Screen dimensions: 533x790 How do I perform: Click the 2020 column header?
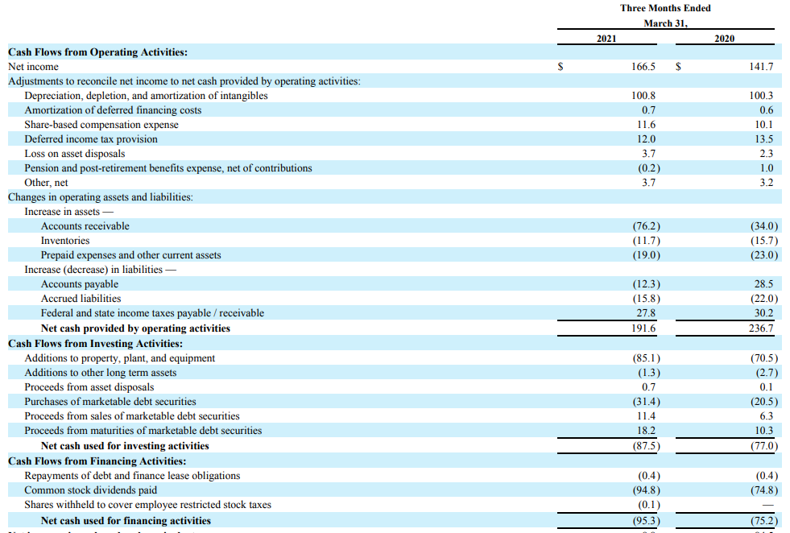tap(724, 38)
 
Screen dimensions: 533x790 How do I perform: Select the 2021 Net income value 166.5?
tap(643, 67)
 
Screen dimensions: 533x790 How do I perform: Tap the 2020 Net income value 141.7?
tap(761, 67)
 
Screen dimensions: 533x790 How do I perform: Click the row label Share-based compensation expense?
tap(101, 125)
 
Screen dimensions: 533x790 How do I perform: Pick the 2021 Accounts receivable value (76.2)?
tap(647, 226)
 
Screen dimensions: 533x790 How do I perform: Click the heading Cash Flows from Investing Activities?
tap(95, 343)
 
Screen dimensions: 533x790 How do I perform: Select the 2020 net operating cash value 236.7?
tap(761, 328)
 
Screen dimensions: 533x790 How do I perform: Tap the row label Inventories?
tap(65, 241)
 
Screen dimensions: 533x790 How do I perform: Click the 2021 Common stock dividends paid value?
tap(647, 490)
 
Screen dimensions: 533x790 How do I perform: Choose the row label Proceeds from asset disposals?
tap(89, 387)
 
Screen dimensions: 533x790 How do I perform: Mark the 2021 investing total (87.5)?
tap(647, 446)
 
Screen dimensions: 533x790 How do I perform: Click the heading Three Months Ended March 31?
tap(665, 15)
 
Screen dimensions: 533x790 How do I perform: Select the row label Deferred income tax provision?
tap(91, 139)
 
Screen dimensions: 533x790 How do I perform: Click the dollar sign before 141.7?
tap(678, 67)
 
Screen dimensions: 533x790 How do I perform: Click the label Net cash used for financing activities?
tap(126, 521)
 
